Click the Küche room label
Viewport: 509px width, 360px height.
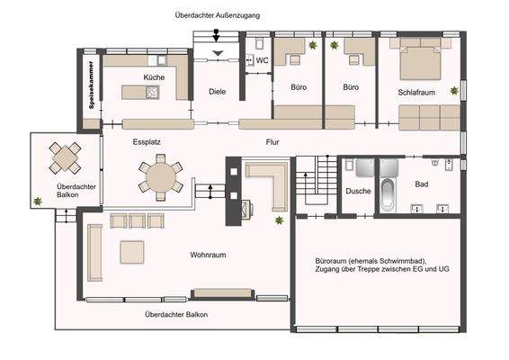154,77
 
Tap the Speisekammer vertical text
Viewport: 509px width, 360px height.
91,85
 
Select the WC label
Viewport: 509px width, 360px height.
262,60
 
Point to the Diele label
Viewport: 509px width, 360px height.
217,92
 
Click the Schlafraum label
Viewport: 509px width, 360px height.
416,93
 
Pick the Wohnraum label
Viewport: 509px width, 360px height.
208,255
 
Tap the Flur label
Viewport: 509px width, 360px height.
272,142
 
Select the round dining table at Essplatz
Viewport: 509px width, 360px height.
161,177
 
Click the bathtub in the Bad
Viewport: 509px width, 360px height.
388,195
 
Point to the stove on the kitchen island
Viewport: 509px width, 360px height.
152,93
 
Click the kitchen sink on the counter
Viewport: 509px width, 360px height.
162,60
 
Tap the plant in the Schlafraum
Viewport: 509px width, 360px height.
454,91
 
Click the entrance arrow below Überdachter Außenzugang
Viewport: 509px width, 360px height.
216,35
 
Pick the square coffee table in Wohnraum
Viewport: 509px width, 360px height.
132,252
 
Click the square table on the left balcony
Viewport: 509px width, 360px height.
65,157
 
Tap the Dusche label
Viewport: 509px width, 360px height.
358,191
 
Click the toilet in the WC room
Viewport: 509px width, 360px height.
259,43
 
